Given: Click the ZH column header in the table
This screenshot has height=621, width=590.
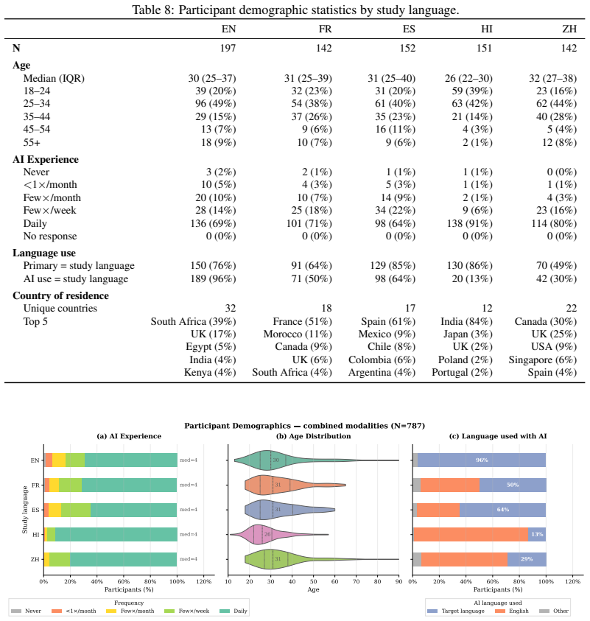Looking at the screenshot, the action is point(569,29).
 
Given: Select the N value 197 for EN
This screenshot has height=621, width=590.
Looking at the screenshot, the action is point(228,48).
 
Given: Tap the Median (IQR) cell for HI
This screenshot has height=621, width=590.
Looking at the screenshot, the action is point(468,78).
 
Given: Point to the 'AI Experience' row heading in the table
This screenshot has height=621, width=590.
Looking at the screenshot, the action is point(46,159).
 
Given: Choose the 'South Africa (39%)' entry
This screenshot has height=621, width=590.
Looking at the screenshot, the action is point(193,321).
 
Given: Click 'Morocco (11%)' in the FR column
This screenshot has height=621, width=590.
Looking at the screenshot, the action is point(298,334).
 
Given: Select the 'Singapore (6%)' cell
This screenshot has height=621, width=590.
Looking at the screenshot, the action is point(542,359).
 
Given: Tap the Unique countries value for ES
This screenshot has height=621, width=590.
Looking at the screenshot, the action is point(410,308).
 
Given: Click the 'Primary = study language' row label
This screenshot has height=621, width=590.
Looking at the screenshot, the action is point(79,266).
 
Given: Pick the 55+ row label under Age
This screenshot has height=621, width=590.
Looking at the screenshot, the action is point(32,142).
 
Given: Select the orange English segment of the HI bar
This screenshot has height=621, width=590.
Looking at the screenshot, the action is point(471,534).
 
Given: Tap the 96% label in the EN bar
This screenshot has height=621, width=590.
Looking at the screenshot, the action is point(482,460).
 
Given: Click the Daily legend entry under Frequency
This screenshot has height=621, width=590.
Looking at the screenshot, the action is point(233,611).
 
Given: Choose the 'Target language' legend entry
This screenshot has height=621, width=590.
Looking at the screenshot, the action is point(456,611).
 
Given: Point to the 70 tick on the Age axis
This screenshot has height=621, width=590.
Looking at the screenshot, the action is point(356,581).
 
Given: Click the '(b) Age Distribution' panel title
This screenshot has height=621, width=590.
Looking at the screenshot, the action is point(313,436).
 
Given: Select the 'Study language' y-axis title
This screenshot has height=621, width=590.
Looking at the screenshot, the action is point(24,510).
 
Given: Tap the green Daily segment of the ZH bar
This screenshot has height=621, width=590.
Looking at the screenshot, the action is point(124,559).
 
